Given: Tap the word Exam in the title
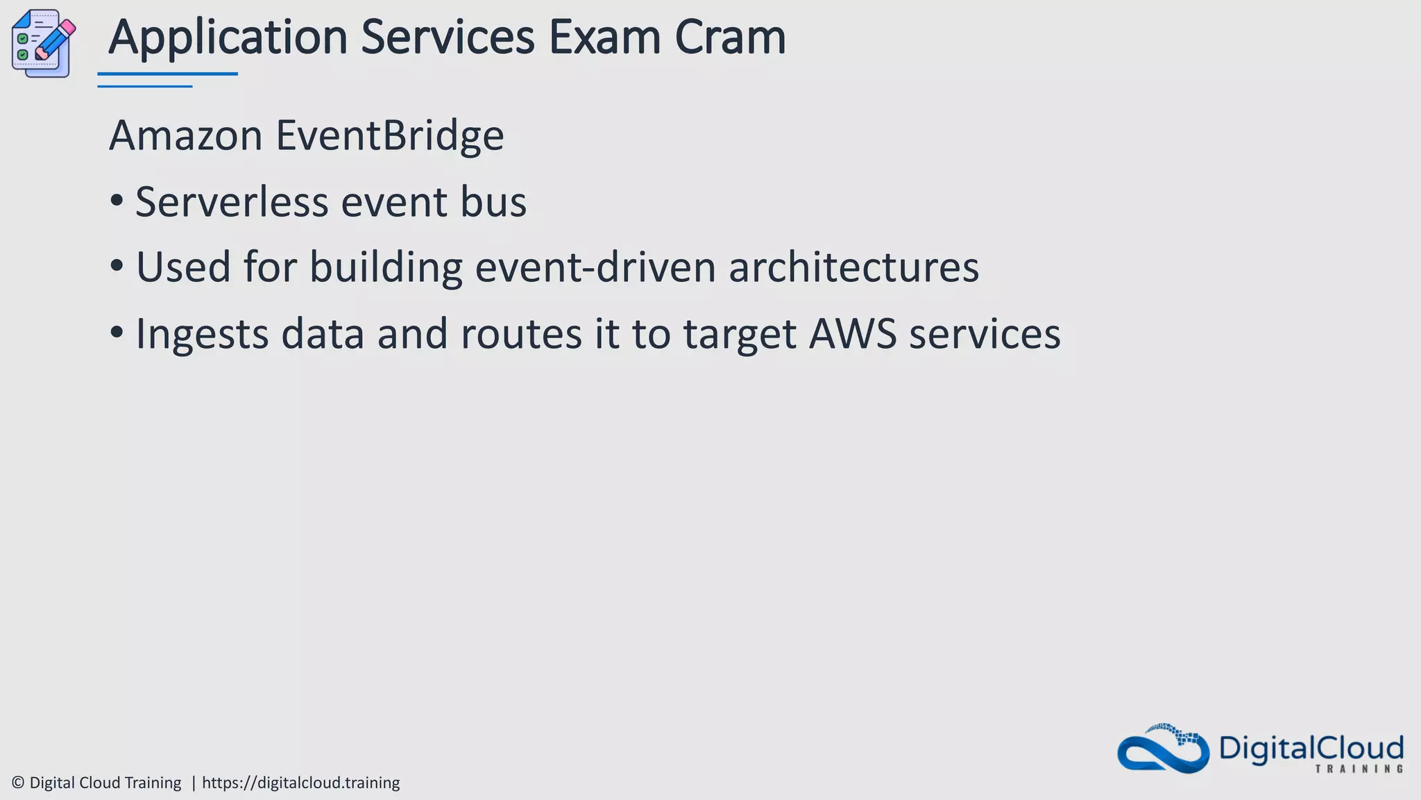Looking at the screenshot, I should tap(604, 37).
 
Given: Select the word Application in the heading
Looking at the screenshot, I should tap(228, 39).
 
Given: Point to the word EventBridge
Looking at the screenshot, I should tap(390, 135).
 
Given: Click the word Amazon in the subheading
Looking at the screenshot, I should tap(186, 135).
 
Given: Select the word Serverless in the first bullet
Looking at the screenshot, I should tap(232, 202).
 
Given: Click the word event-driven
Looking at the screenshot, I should tap(595, 267).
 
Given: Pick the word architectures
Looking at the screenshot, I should tap(853, 267).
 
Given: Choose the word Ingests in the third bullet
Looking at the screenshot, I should tap(202, 334).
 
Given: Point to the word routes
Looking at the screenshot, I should tap(521, 334).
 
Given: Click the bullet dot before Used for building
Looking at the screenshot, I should tap(117, 267).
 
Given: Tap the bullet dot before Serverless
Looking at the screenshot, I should tap(117, 201).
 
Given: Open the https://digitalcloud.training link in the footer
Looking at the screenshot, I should tap(300, 783).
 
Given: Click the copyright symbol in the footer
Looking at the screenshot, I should tap(18, 783).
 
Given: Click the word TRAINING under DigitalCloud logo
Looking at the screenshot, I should tap(1359, 769).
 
